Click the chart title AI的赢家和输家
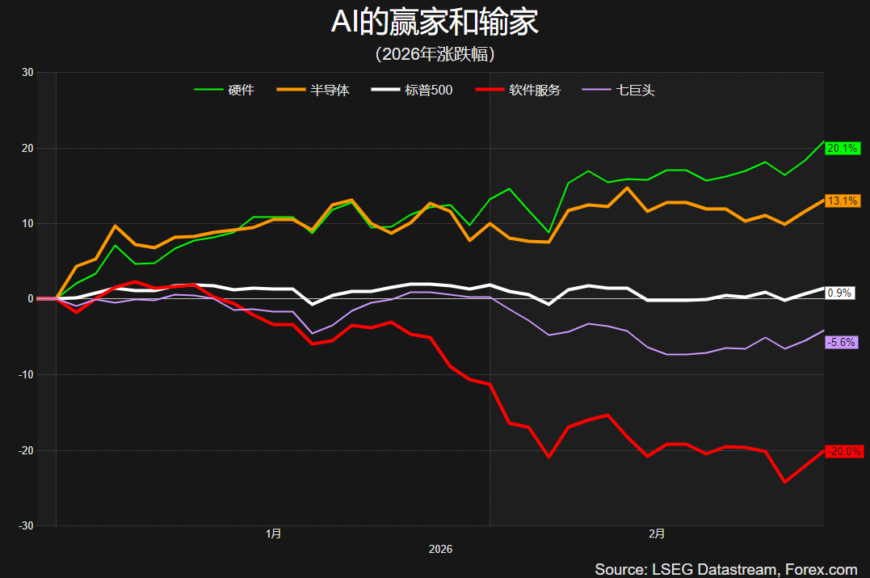coord(435,23)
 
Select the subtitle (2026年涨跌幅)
coord(435,54)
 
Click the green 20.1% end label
coord(842,148)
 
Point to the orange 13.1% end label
coord(842,200)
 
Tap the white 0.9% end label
coord(839,293)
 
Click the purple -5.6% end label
coord(841,342)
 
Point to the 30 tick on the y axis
coord(27,73)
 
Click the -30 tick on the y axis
coord(25,525)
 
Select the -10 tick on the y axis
coord(25,374)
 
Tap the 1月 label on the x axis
coord(274,534)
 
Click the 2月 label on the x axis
coord(657,534)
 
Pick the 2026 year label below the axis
coord(440,549)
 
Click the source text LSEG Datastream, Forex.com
coord(725,569)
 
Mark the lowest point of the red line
coord(784,482)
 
